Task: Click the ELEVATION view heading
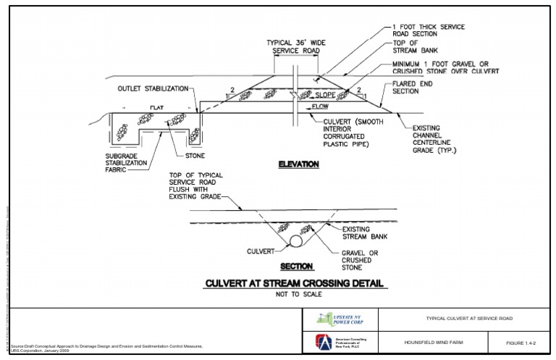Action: pyautogui.click(x=298, y=165)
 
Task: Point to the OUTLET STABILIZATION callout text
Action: pyautogui.click(x=153, y=88)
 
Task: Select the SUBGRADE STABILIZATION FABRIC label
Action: pyautogui.click(x=130, y=164)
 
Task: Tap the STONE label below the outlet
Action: pyautogui.click(x=195, y=156)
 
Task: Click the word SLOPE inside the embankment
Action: pyautogui.click(x=327, y=95)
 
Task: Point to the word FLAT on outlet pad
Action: pyautogui.click(x=157, y=107)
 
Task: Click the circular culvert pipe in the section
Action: pyautogui.click(x=296, y=240)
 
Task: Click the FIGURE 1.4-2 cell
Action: pyautogui.click(x=523, y=342)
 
